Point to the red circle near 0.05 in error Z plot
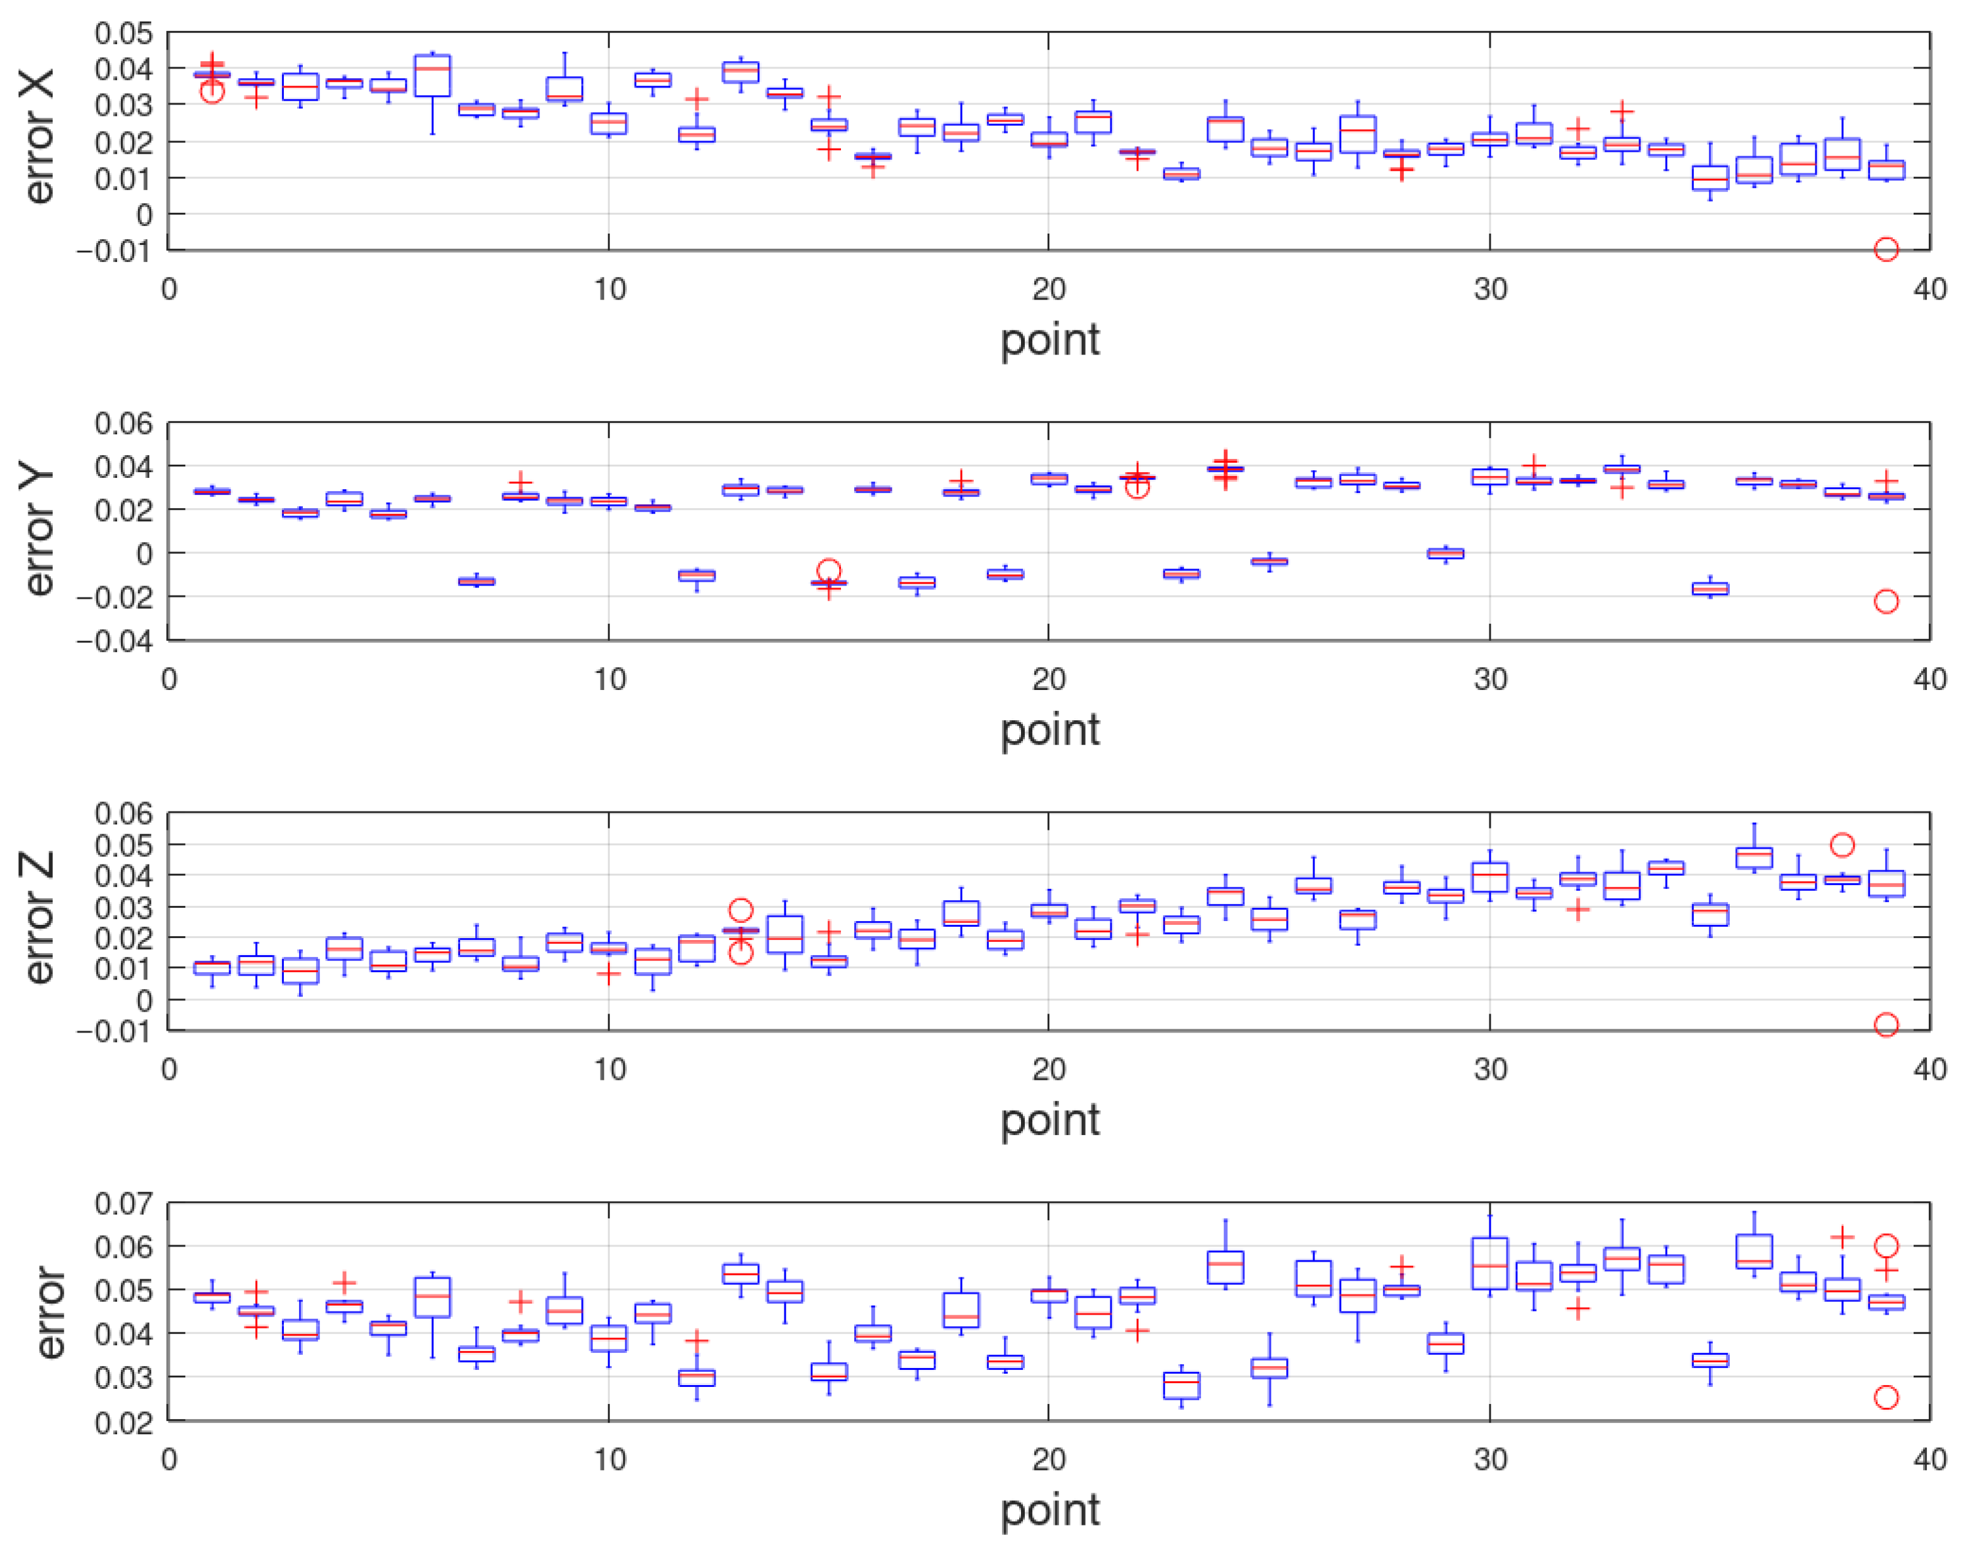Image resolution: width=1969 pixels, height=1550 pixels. pyautogui.click(x=1842, y=845)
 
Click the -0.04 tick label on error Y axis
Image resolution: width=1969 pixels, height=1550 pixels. pyautogui.click(x=115, y=641)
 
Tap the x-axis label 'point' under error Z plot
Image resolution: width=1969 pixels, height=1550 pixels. pyautogui.click(x=1050, y=1120)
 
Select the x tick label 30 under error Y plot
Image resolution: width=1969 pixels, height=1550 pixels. pyautogui.click(x=1490, y=680)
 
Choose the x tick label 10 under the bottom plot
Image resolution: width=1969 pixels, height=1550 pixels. pyautogui.click(x=609, y=1459)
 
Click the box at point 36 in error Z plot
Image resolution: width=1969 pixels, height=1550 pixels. pyautogui.click(x=1754, y=857)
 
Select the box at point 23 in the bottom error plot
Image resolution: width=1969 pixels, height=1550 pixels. pyautogui.click(x=1182, y=1386)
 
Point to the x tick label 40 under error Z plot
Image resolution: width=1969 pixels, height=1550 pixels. pyautogui.click(x=1929, y=1069)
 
